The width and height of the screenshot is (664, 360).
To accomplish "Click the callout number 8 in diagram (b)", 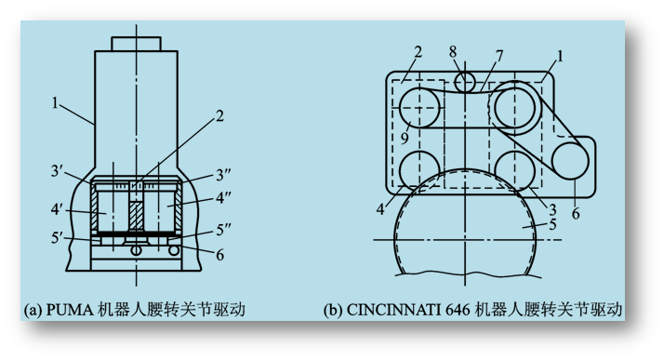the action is pos(453,52).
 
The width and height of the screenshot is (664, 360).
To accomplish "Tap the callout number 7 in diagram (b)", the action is pos(499,56).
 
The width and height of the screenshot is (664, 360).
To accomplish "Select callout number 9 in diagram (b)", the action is pos(405,138).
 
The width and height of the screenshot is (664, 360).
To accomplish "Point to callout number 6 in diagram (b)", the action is pos(576,213).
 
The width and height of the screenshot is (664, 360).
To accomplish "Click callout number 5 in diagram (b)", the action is pos(552,224).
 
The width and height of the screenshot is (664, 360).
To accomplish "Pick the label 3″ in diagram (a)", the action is pos(223,175).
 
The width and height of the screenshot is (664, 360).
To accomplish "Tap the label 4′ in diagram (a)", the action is pos(57,208).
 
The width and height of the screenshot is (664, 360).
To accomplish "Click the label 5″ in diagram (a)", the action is pos(223,230).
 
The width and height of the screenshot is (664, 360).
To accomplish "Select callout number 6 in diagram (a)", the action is pos(219,255).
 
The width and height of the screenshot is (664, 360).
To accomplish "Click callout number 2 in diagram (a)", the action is pos(219,116).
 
